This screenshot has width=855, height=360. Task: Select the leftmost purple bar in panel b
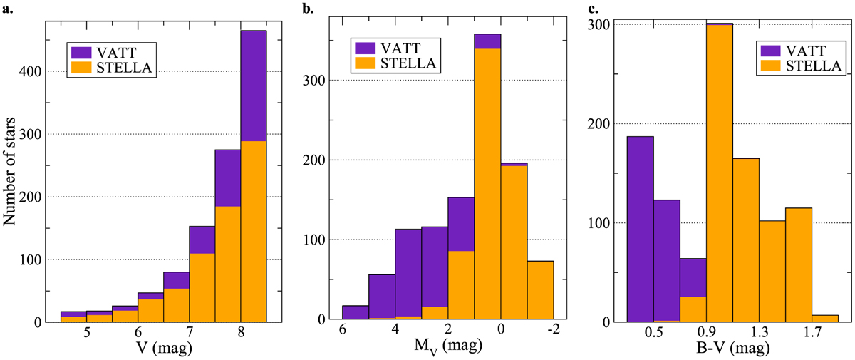(356, 314)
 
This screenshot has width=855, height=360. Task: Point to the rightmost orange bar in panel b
(540, 292)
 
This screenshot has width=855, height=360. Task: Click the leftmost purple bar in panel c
(640, 229)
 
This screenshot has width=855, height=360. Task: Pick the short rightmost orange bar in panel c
(825, 319)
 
